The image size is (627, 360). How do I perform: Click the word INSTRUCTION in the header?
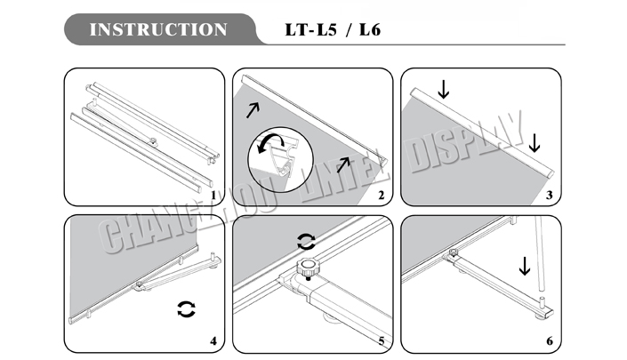point(158,29)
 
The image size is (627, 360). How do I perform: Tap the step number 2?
point(381,195)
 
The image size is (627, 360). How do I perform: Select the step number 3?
point(549,195)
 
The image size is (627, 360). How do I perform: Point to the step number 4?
point(213,340)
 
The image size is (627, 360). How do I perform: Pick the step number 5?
point(381,340)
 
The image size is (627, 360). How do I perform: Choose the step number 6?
point(549,340)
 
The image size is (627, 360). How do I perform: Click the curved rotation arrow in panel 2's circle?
point(270,142)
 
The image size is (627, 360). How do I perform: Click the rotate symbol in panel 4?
point(187,309)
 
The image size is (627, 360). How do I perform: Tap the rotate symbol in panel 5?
point(306,241)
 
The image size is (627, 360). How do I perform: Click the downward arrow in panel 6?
point(525,265)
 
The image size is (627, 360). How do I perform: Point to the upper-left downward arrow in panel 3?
point(444,89)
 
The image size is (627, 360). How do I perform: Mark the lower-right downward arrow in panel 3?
point(534,141)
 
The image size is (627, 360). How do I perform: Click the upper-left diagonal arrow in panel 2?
point(253,111)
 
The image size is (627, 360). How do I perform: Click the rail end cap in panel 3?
point(550,168)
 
